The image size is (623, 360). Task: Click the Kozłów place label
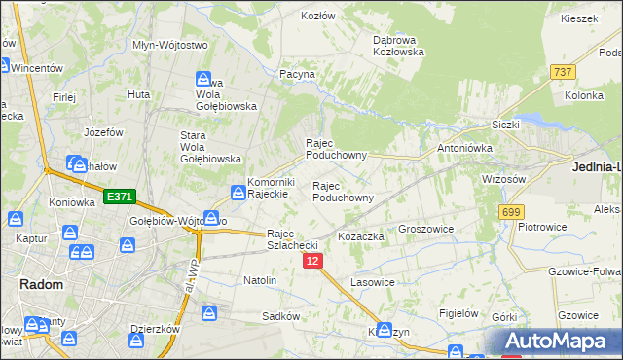318,17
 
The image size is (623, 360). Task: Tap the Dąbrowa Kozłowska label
398,46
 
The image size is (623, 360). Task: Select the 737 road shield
562,72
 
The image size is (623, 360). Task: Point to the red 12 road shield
311,262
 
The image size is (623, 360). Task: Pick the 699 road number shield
510,212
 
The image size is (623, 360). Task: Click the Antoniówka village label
464,148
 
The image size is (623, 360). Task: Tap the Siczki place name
506,126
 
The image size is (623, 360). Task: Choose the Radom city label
42,284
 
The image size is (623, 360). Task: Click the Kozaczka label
361,236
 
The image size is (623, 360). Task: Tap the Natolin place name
260,280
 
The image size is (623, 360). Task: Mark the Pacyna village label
298,74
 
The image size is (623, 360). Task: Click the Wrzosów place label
504,179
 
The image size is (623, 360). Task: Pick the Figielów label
458,313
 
